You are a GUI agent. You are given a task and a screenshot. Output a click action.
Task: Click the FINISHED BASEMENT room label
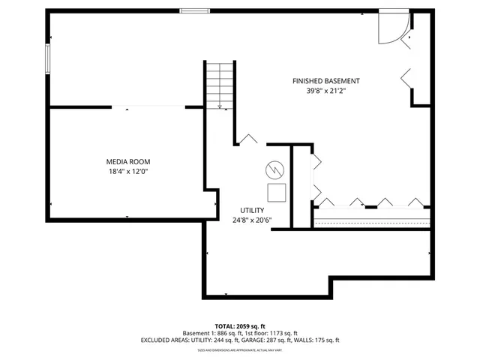point(325,81)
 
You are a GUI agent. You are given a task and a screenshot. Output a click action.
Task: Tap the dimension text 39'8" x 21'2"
point(325,91)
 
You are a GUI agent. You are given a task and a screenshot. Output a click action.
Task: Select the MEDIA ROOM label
point(127,161)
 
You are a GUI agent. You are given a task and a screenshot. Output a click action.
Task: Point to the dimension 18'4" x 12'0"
point(127,172)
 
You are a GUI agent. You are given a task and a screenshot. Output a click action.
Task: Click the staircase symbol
point(220,84)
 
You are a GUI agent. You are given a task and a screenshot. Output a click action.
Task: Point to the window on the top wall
point(194,11)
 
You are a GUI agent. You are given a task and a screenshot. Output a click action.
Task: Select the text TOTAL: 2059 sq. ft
point(240,325)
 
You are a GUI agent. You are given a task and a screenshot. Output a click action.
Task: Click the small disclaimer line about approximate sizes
point(240,350)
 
